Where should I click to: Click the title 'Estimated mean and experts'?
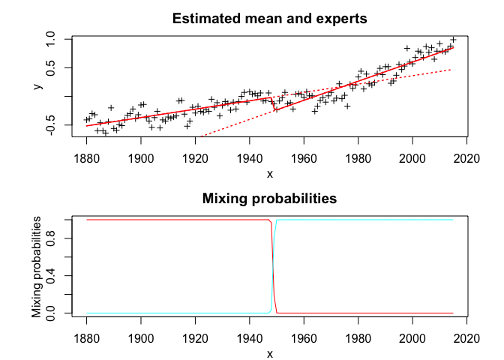[x=270, y=19]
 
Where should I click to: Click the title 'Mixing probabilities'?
[x=270, y=199]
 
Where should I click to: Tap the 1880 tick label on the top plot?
[x=87, y=157]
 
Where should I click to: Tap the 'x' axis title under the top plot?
[x=270, y=174]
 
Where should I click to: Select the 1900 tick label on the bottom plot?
[x=141, y=337]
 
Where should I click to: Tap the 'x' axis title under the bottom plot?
[x=270, y=354]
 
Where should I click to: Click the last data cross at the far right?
[x=453, y=40]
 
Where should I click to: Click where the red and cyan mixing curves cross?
[x=273, y=266]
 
